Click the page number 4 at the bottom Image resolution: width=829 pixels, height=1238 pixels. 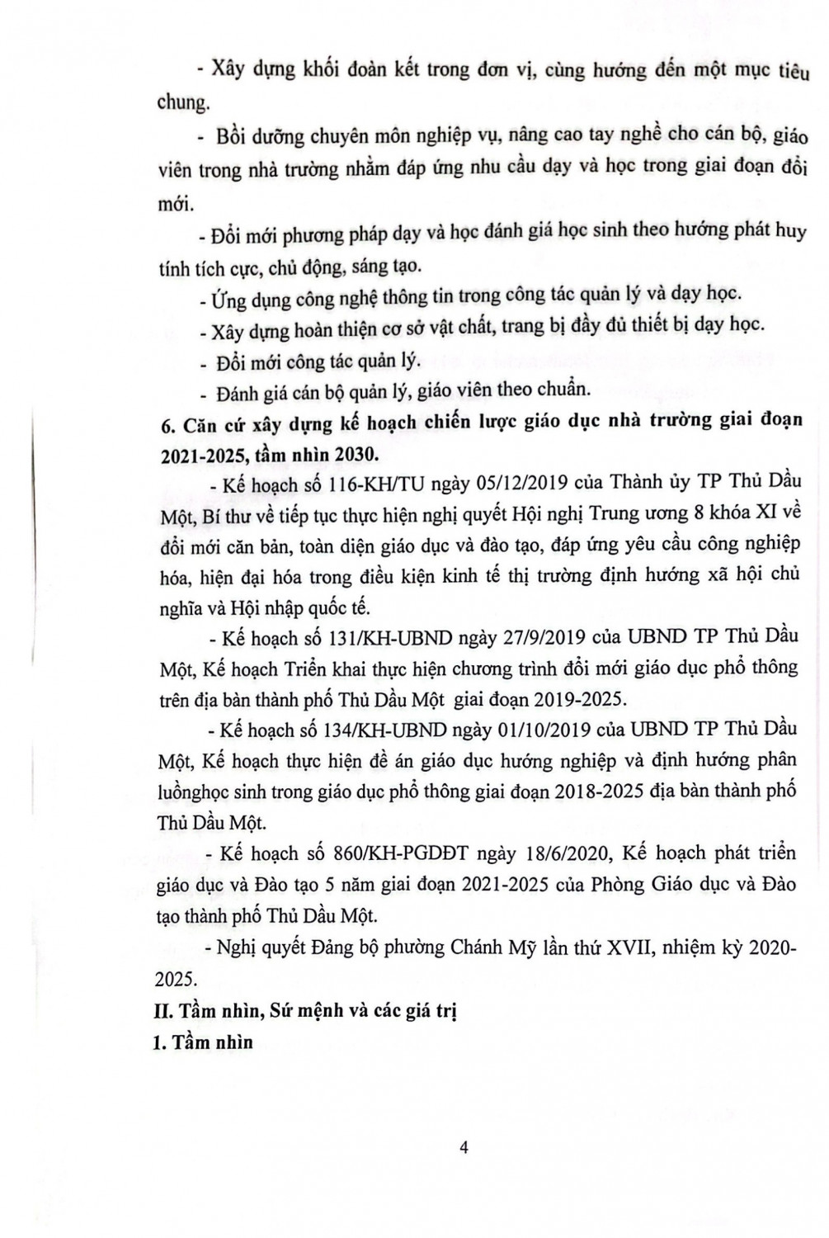click(463, 1148)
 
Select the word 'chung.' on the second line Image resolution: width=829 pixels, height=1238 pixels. click(182, 103)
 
